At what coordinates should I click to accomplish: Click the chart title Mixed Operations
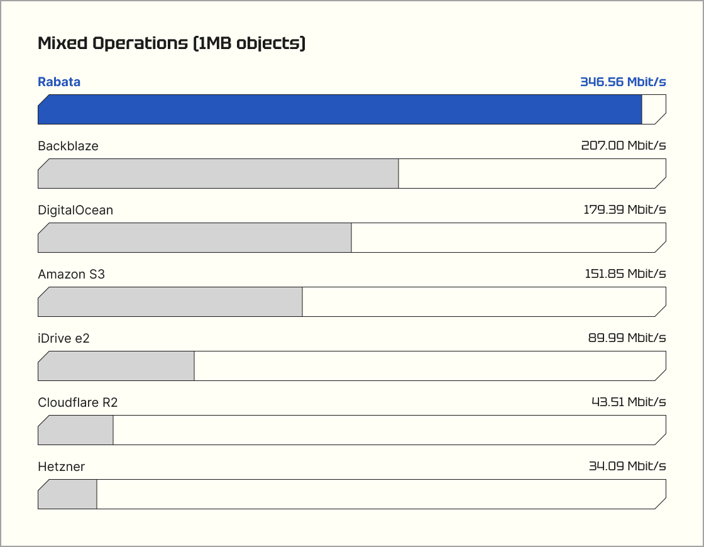point(171,43)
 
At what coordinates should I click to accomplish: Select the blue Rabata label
point(59,82)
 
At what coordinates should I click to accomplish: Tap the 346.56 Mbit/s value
point(622,82)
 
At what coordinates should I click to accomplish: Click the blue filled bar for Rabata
point(339,109)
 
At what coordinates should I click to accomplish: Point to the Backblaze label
point(68,146)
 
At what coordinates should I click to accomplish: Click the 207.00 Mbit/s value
point(623,146)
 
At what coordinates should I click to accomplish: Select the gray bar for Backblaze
point(218,174)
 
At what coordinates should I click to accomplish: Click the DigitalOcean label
point(75,210)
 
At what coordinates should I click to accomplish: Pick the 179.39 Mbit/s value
point(624,210)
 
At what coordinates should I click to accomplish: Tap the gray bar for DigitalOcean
point(194,238)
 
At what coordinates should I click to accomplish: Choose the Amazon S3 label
point(71,274)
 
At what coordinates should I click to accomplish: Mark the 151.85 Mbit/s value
point(625,274)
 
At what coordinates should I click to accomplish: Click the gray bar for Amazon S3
point(170,302)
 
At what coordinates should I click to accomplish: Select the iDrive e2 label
point(63,338)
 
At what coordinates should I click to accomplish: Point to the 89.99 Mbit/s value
point(627,338)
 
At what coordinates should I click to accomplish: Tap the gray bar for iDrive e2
point(116,366)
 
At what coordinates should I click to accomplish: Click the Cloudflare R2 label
point(77,402)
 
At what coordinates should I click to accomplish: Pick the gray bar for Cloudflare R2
point(75,430)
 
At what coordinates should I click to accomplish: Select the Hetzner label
point(61,467)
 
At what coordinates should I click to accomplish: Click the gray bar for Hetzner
point(67,494)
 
